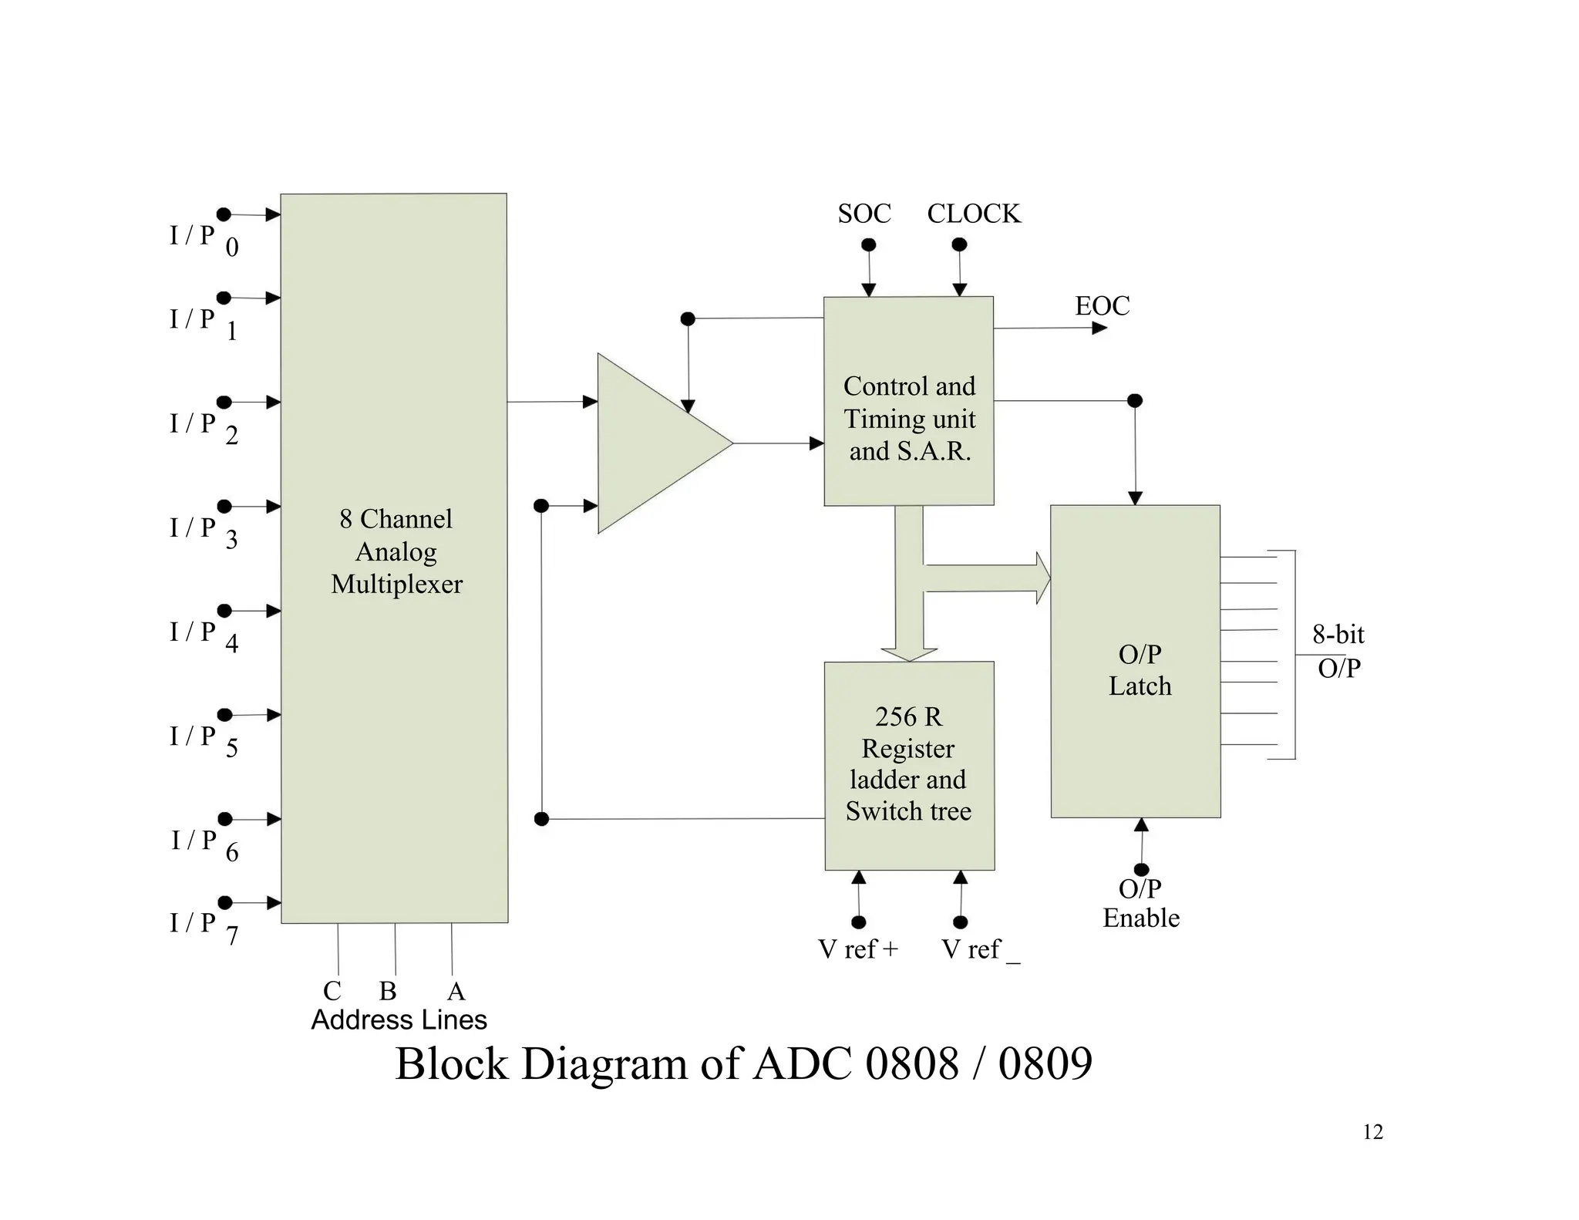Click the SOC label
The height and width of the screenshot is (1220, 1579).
(864, 214)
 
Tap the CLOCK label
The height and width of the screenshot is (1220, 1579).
(973, 214)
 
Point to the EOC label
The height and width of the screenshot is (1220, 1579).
(1102, 306)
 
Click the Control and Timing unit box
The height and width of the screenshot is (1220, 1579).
(908, 401)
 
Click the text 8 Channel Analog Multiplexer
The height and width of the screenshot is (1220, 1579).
(396, 551)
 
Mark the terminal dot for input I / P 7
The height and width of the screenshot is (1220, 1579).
(225, 902)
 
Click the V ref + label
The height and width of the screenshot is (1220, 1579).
(857, 949)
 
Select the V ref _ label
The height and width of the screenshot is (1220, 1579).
(979, 949)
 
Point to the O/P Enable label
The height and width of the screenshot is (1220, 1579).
(1140, 903)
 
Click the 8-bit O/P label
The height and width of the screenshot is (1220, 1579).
(1338, 651)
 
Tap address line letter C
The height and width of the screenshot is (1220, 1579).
(332, 991)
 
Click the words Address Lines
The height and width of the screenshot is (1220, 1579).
(399, 1020)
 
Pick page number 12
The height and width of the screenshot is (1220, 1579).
(1372, 1132)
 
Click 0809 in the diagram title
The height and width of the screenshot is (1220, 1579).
(1045, 1064)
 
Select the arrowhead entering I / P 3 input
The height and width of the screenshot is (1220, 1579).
(273, 507)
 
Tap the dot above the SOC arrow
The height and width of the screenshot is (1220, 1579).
(868, 244)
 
